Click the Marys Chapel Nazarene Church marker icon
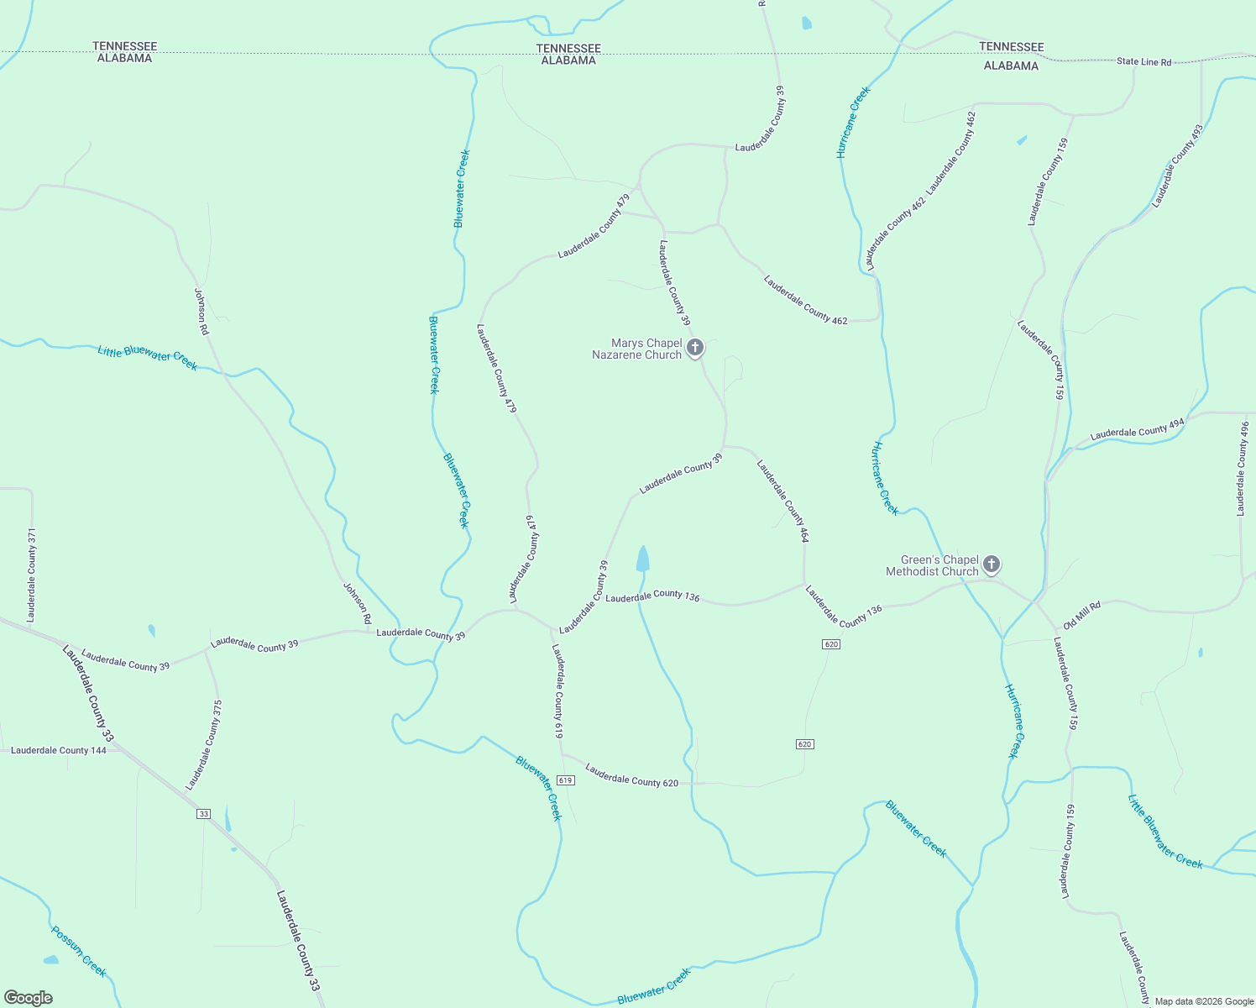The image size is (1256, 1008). click(x=694, y=347)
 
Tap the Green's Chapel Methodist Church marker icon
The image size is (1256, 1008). click(x=992, y=564)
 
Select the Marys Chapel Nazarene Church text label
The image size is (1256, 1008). click(x=636, y=349)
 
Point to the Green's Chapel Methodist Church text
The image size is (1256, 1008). click(x=932, y=565)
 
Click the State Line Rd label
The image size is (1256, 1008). click(x=1143, y=61)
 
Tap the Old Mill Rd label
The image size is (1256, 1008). click(x=1081, y=615)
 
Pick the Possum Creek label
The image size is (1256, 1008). click(x=79, y=952)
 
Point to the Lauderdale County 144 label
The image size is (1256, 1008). click(x=59, y=750)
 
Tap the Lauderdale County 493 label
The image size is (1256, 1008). click(x=1177, y=166)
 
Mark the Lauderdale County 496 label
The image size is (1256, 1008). click(x=1242, y=469)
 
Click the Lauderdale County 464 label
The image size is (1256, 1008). click(x=782, y=501)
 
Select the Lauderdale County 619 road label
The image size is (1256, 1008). click(x=557, y=690)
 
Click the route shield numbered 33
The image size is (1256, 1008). click(x=204, y=814)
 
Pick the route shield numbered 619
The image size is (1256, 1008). click(x=565, y=780)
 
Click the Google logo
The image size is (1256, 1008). click(x=29, y=997)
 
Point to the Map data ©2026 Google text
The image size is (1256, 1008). click(x=1203, y=1001)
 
